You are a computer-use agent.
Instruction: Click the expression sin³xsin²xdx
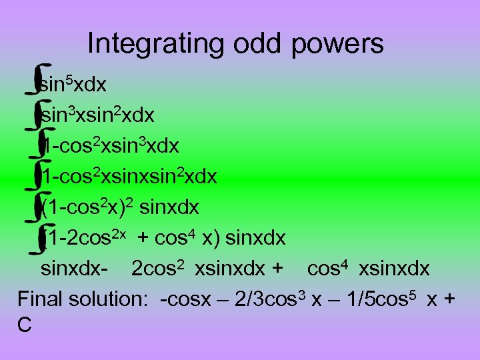(98, 115)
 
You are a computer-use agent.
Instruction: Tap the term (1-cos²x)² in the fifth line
(88, 207)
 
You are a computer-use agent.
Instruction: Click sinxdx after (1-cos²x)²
(169, 207)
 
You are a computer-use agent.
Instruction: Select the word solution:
(113, 298)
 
